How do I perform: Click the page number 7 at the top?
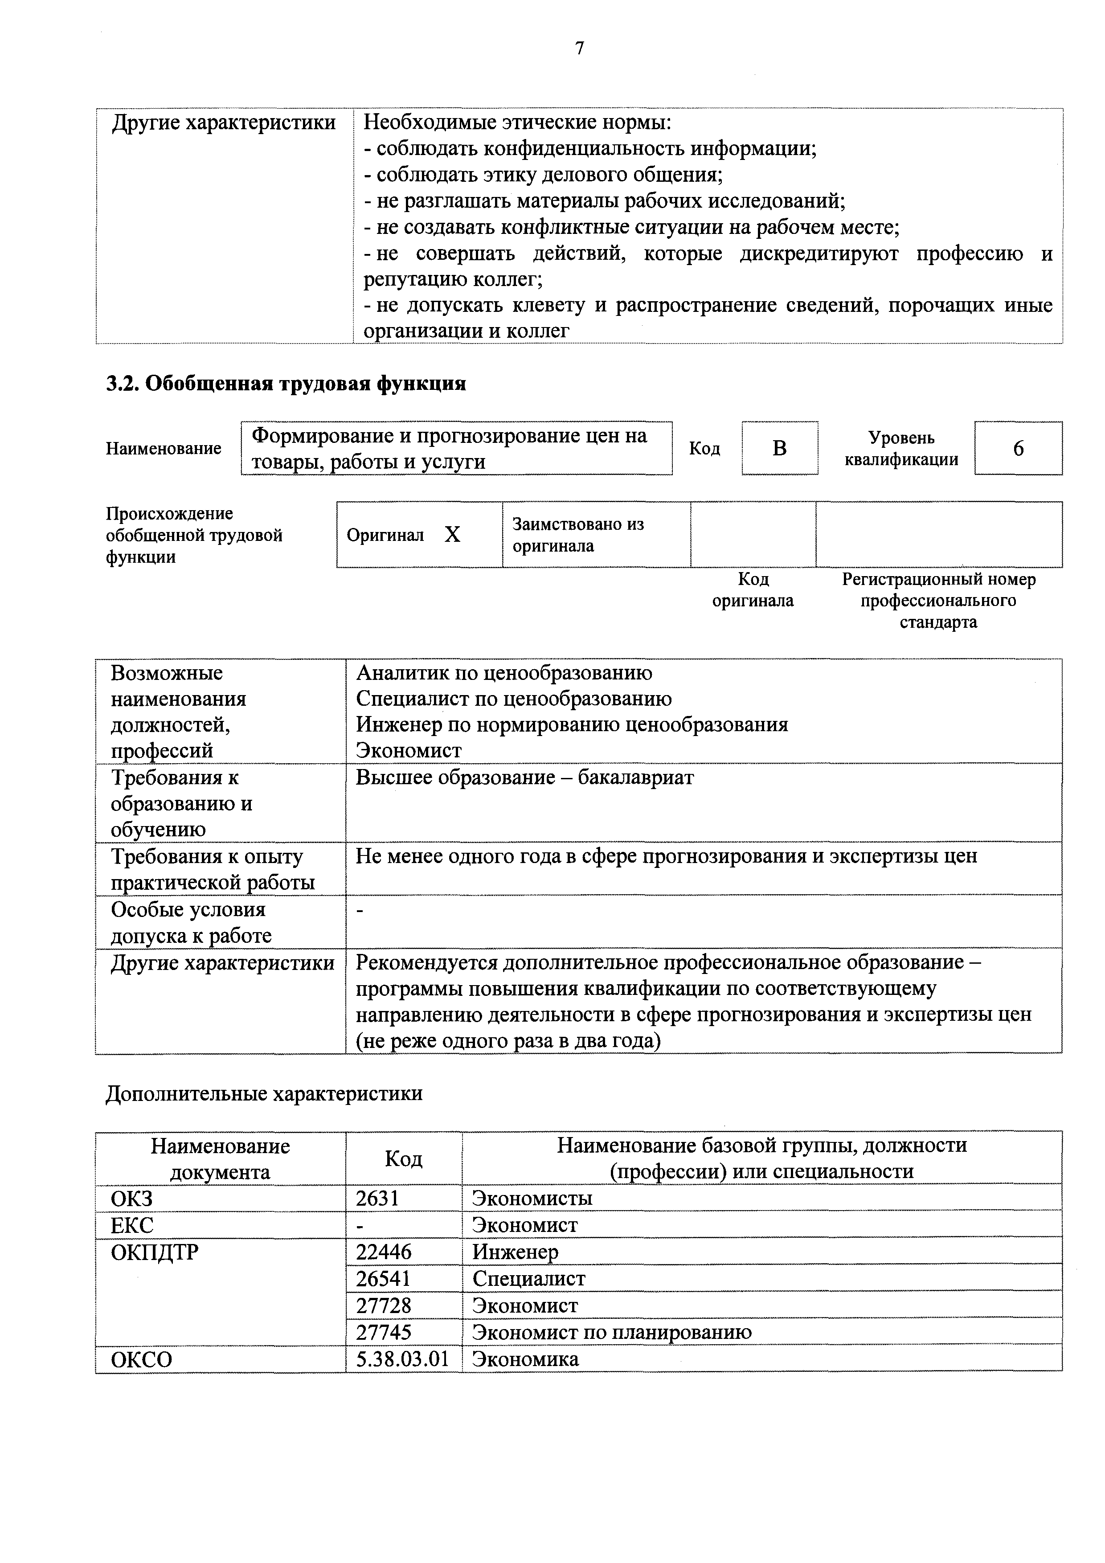click(579, 48)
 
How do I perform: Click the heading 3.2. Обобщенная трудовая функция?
click(286, 384)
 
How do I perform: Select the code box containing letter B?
click(780, 448)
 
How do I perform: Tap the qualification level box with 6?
click(1018, 448)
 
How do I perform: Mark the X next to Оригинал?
click(452, 535)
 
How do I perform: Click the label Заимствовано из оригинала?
click(578, 535)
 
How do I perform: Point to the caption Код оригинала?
click(753, 589)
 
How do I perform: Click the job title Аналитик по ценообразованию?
click(504, 673)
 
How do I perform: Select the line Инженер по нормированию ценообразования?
click(572, 724)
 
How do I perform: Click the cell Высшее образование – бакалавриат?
click(524, 777)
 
